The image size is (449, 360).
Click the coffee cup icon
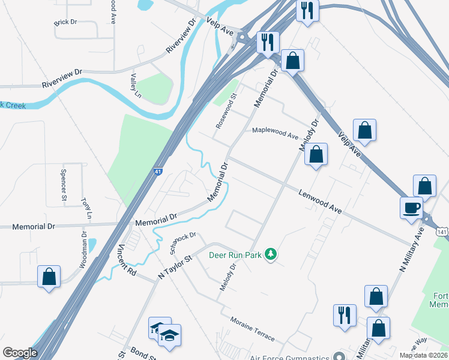[x=412, y=208]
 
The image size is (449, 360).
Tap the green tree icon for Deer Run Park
[x=271, y=254]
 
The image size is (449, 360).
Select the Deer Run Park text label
[x=236, y=255]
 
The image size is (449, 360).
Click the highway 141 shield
[x=442, y=231]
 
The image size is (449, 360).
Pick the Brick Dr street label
[x=65, y=22]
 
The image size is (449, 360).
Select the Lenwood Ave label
[x=320, y=200]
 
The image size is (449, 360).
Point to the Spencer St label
[x=63, y=184]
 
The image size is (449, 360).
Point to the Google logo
[x=20, y=353]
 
